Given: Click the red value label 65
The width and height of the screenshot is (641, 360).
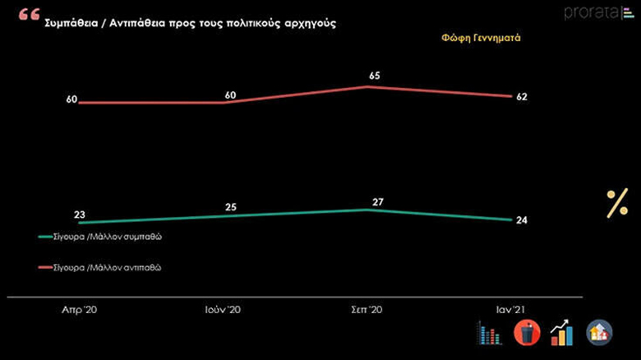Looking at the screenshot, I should pos(375,76).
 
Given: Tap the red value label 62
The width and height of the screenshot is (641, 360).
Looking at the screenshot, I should pos(521,97).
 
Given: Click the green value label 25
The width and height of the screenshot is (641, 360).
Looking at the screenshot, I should pos(231,206).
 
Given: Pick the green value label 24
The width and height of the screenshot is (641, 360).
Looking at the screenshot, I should pos(521,220).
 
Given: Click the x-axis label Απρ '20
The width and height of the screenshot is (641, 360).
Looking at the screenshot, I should pos(80,311).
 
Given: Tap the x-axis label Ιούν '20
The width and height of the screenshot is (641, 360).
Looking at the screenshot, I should pos(222,311).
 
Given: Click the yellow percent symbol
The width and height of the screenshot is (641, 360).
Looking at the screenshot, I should pos(616,203).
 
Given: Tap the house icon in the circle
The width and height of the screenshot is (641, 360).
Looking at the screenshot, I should pos(599,332).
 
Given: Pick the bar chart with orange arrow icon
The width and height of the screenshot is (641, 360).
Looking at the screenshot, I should pos(562,332).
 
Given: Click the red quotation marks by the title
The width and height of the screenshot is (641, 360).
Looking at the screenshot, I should pos(28,16).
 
